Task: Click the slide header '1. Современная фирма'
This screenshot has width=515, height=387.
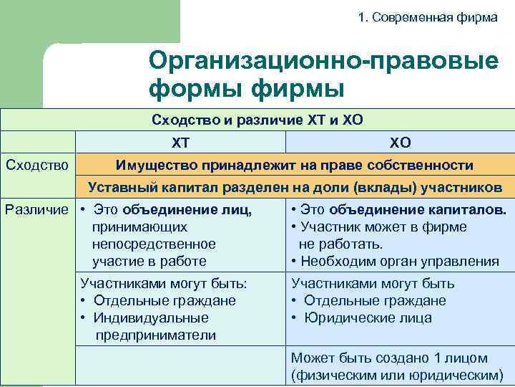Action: click(x=427, y=17)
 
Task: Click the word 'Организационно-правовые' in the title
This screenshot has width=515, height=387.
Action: click(x=323, y=61)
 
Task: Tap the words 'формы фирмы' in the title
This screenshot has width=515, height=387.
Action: click(x=247, y=90)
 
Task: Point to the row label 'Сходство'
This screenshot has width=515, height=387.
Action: click(x=36, y=166)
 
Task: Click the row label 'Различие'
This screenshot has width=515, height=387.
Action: click(x=37, y=210)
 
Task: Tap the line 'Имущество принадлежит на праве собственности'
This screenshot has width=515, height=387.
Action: click(x=294, y=166)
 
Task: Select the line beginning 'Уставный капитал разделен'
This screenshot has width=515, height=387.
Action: click(x=294, y=188)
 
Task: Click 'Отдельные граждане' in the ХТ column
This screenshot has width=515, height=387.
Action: click(x=163, y=301)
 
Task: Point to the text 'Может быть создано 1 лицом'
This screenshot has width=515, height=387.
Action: click(x=389, y=358)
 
